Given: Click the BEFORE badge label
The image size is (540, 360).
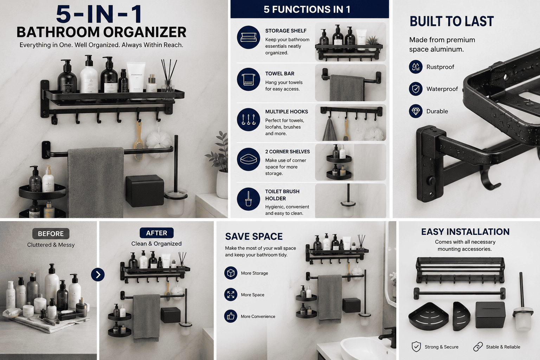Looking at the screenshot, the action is (x=51, y=234).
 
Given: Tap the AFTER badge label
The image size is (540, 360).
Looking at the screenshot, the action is (x=157, y=233).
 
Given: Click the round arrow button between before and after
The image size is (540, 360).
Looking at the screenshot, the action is (x=98, y=275).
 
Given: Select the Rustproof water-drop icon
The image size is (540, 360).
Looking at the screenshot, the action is (x=416, y=67).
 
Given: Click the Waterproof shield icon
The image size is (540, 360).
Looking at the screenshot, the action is (x=416, y=89).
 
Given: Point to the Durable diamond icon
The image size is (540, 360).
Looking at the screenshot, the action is (x=416, y=111).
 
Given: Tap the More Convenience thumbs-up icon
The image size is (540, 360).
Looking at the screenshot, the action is (x=231, y=316).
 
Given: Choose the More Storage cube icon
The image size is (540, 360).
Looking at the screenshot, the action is (x=231, y=273).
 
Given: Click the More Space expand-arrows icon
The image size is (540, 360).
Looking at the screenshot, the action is (x=231, y=295).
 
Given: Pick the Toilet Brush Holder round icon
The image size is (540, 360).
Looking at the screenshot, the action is (x=249, y=199).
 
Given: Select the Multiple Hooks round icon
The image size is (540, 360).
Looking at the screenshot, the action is (x=249, y=120).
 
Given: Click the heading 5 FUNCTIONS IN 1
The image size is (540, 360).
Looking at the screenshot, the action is (x=307, y=9).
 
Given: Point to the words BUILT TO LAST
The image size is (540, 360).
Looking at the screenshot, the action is (x=452, y=21).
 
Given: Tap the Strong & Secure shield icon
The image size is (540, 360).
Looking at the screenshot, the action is (x=416, y=347).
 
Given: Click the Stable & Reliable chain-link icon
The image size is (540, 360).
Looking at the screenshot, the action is (x=478, y=347).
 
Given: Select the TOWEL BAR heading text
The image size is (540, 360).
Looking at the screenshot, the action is (x=279, y=73).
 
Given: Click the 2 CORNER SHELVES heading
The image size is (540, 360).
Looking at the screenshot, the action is (x=287, y=152).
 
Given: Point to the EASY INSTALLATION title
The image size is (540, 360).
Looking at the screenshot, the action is (x=465, y=232).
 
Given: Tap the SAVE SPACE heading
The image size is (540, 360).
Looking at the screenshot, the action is (x=254, y=237).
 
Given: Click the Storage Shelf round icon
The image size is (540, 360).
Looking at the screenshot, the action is (x=249, y=37).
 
